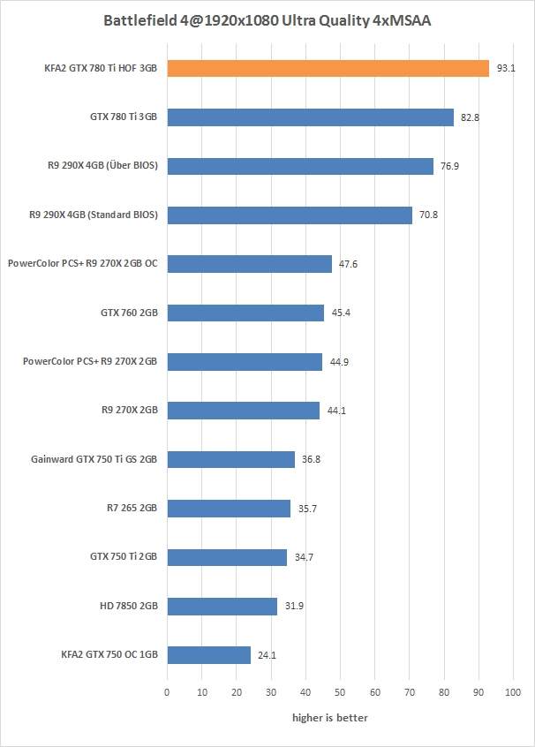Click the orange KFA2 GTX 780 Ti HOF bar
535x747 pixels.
(x=328, y=68)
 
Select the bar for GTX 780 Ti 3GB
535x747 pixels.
(x=310, y=117)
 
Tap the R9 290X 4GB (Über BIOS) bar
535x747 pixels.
(x=300, y=166)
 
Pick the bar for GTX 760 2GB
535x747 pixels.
(x=245, y=313)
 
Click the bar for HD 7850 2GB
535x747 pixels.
(x=222, y=606)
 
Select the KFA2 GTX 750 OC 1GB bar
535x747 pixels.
(x=208, y=654)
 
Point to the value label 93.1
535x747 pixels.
(x=506, y=68)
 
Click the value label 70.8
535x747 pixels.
(x=428, y=215)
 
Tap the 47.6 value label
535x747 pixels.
(x=348, y=264)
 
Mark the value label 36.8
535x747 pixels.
(x=311, y=459)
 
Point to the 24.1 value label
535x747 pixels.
(x=267, y=654)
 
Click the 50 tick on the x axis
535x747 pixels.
(x=340, y=692)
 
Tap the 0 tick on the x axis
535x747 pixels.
(x=167, y=692)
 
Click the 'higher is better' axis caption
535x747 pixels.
(x=330, y=718)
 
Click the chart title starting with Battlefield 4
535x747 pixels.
(x=267, y=19)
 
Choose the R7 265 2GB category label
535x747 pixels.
(x=131, y=508)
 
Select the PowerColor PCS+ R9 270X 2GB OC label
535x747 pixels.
(x=82, y=264)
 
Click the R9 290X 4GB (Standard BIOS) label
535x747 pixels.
(x=93, y=215)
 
